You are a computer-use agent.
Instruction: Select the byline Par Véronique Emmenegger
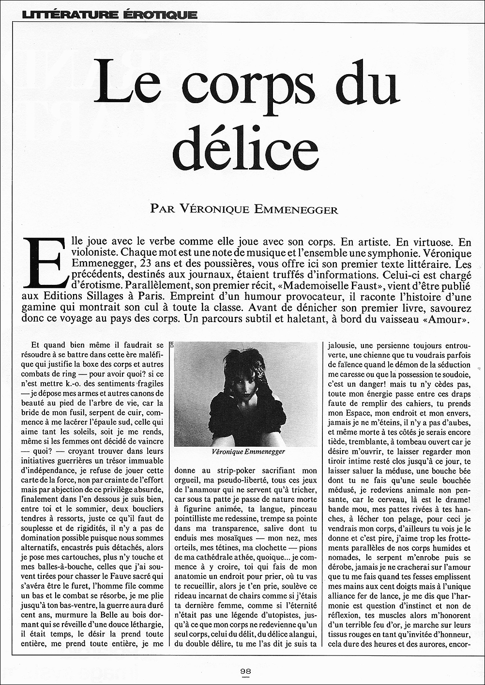click(x=244, y=209)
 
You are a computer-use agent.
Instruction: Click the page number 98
click(x=245, y=671)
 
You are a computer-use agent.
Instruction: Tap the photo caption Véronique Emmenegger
click(x=248, y=451)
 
